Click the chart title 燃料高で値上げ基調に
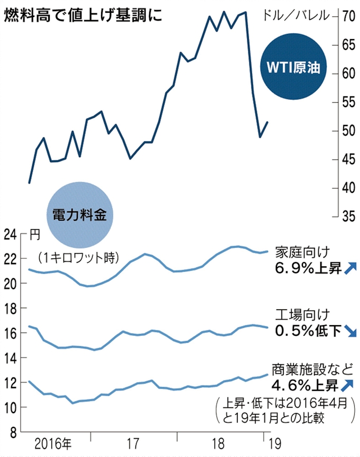[x=83, y=14]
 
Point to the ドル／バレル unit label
[x=299, y=14]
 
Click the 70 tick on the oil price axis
[x=348, y=16]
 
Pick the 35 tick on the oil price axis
[x=348, y=216]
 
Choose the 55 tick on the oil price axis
[x=348, y=102]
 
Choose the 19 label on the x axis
[x=274, y=444]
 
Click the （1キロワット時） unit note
[x=78, y=257]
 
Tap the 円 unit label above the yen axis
[x=34, y=233]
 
